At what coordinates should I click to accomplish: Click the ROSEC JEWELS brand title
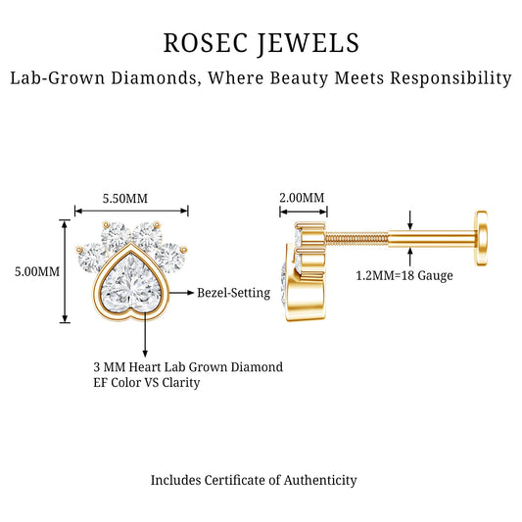pos(261,43)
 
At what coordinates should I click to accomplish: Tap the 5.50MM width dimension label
pos(124,199)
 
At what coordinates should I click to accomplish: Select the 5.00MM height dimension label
pos(37,271)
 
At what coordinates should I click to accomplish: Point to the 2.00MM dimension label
pos(302,198)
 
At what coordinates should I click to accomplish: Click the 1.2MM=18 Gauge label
pos(404,275)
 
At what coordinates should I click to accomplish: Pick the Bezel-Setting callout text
pos(234,293)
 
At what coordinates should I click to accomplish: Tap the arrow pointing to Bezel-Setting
pos(181,293)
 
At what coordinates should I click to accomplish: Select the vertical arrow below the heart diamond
pos(145,335)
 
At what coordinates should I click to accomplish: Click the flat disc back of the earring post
pos(482,238)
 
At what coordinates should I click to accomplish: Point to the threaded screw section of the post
pos(356,238)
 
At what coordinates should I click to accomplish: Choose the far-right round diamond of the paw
pos(170,258)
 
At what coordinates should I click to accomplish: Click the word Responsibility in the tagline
pos(451,78)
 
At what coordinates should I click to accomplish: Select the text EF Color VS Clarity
pos(147,383)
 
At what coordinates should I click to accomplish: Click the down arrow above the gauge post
pos(410,220)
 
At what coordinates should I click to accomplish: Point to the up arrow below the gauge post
pos(410,257)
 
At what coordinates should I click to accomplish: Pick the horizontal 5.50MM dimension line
pos(131,211)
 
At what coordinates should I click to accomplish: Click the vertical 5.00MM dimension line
pos(65,271)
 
